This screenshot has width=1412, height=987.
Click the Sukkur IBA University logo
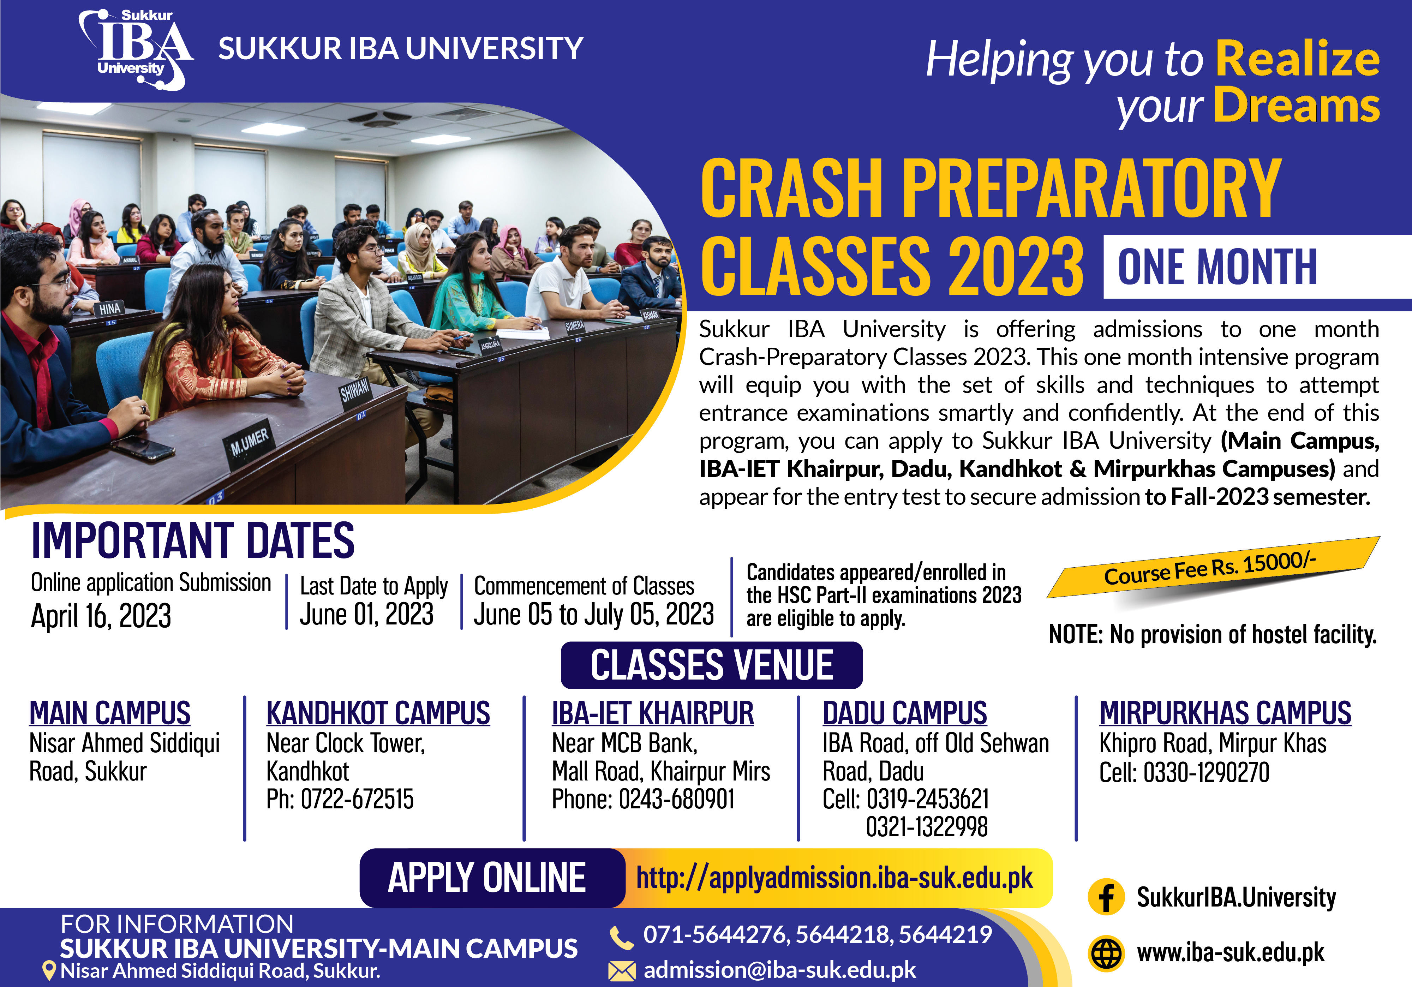(135, 49)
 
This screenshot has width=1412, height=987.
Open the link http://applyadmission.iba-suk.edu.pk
(834, 878)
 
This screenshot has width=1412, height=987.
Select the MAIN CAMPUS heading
(110, 713)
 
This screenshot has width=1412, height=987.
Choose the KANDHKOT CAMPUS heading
(378, 713)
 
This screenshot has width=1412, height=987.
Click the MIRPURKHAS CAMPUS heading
(1225, 713)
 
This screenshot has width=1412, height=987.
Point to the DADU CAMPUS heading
(905, 713)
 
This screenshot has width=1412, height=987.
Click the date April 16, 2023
(101, 616)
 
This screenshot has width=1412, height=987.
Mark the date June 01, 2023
(366, 614)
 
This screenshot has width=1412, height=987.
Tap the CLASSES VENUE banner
(712, 665)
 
